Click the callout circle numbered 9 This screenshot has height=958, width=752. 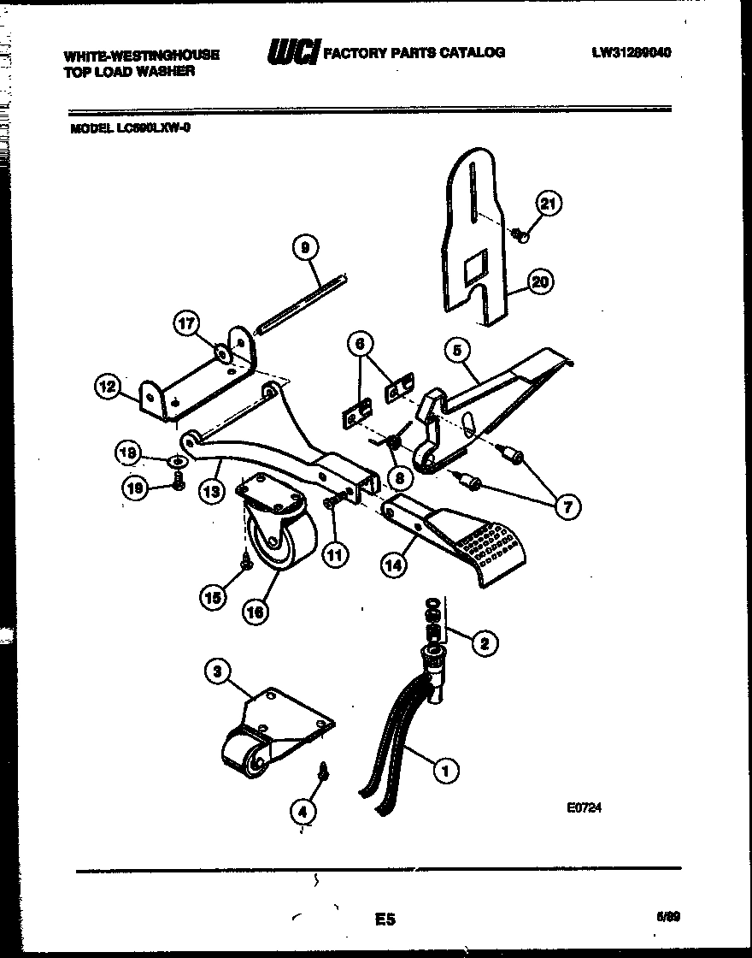coord(305,248)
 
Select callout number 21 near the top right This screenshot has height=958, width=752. coord(549,204)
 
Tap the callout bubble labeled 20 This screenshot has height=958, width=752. coord(540,281)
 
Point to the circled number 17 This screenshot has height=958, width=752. coord(186,323)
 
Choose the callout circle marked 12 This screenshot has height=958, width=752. coord(107,387)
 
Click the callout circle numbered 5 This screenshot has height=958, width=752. coord(457,349)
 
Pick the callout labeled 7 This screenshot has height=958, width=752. coord(566,506)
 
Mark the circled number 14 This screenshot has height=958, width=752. coord(393,565)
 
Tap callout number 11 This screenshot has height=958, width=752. coord(334,554)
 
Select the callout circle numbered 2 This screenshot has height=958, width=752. coord(485,644)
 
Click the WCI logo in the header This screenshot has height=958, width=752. coord(293,54)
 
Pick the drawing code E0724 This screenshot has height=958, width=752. coord(584,807)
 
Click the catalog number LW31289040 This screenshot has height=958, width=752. coord(631,52)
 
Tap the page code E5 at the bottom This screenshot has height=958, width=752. coord(385,920)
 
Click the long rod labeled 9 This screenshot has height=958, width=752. coord(303,304)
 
